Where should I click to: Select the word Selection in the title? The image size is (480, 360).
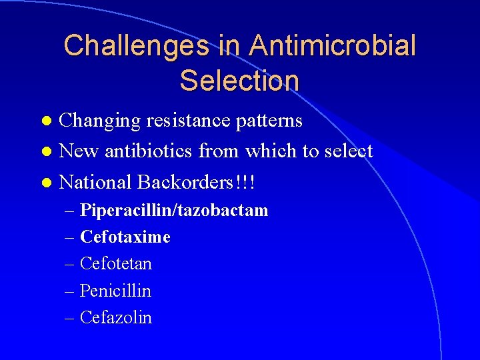(239, 81)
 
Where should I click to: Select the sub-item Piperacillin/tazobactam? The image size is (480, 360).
(174, 211)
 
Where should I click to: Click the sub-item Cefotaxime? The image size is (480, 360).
(125, 237)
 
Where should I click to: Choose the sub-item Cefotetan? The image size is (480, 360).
(116, 264)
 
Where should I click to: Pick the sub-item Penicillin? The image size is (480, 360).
(115, 291)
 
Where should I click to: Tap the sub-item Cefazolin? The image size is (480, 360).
(116, 317)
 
